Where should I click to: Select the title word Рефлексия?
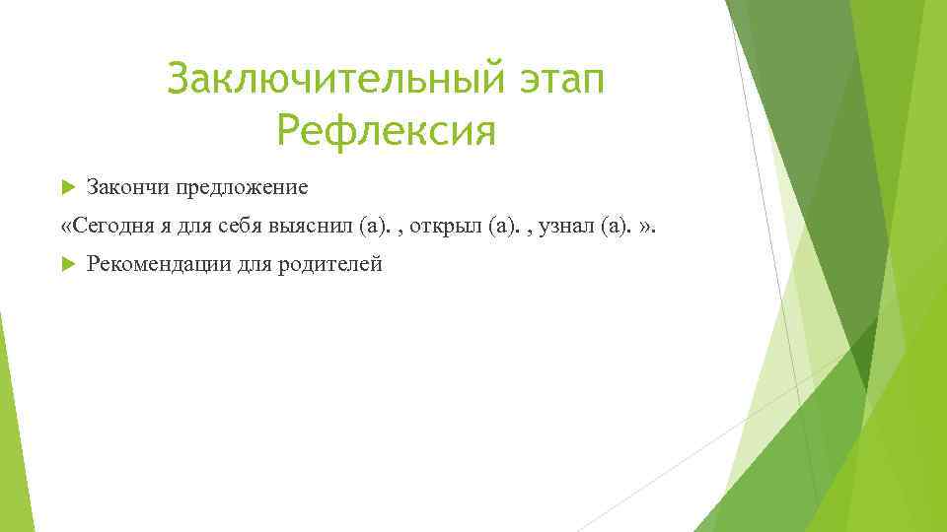click(386, 130)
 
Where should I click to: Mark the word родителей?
click(333, 264)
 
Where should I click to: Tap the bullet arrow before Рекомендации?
click(67, 264)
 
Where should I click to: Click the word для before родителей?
click(255, 264)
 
